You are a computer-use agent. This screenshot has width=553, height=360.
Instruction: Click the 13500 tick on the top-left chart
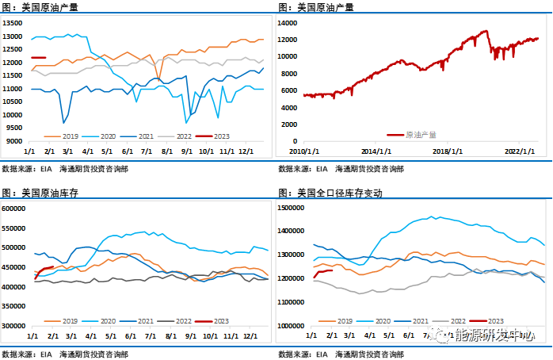[x=13, y=23]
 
